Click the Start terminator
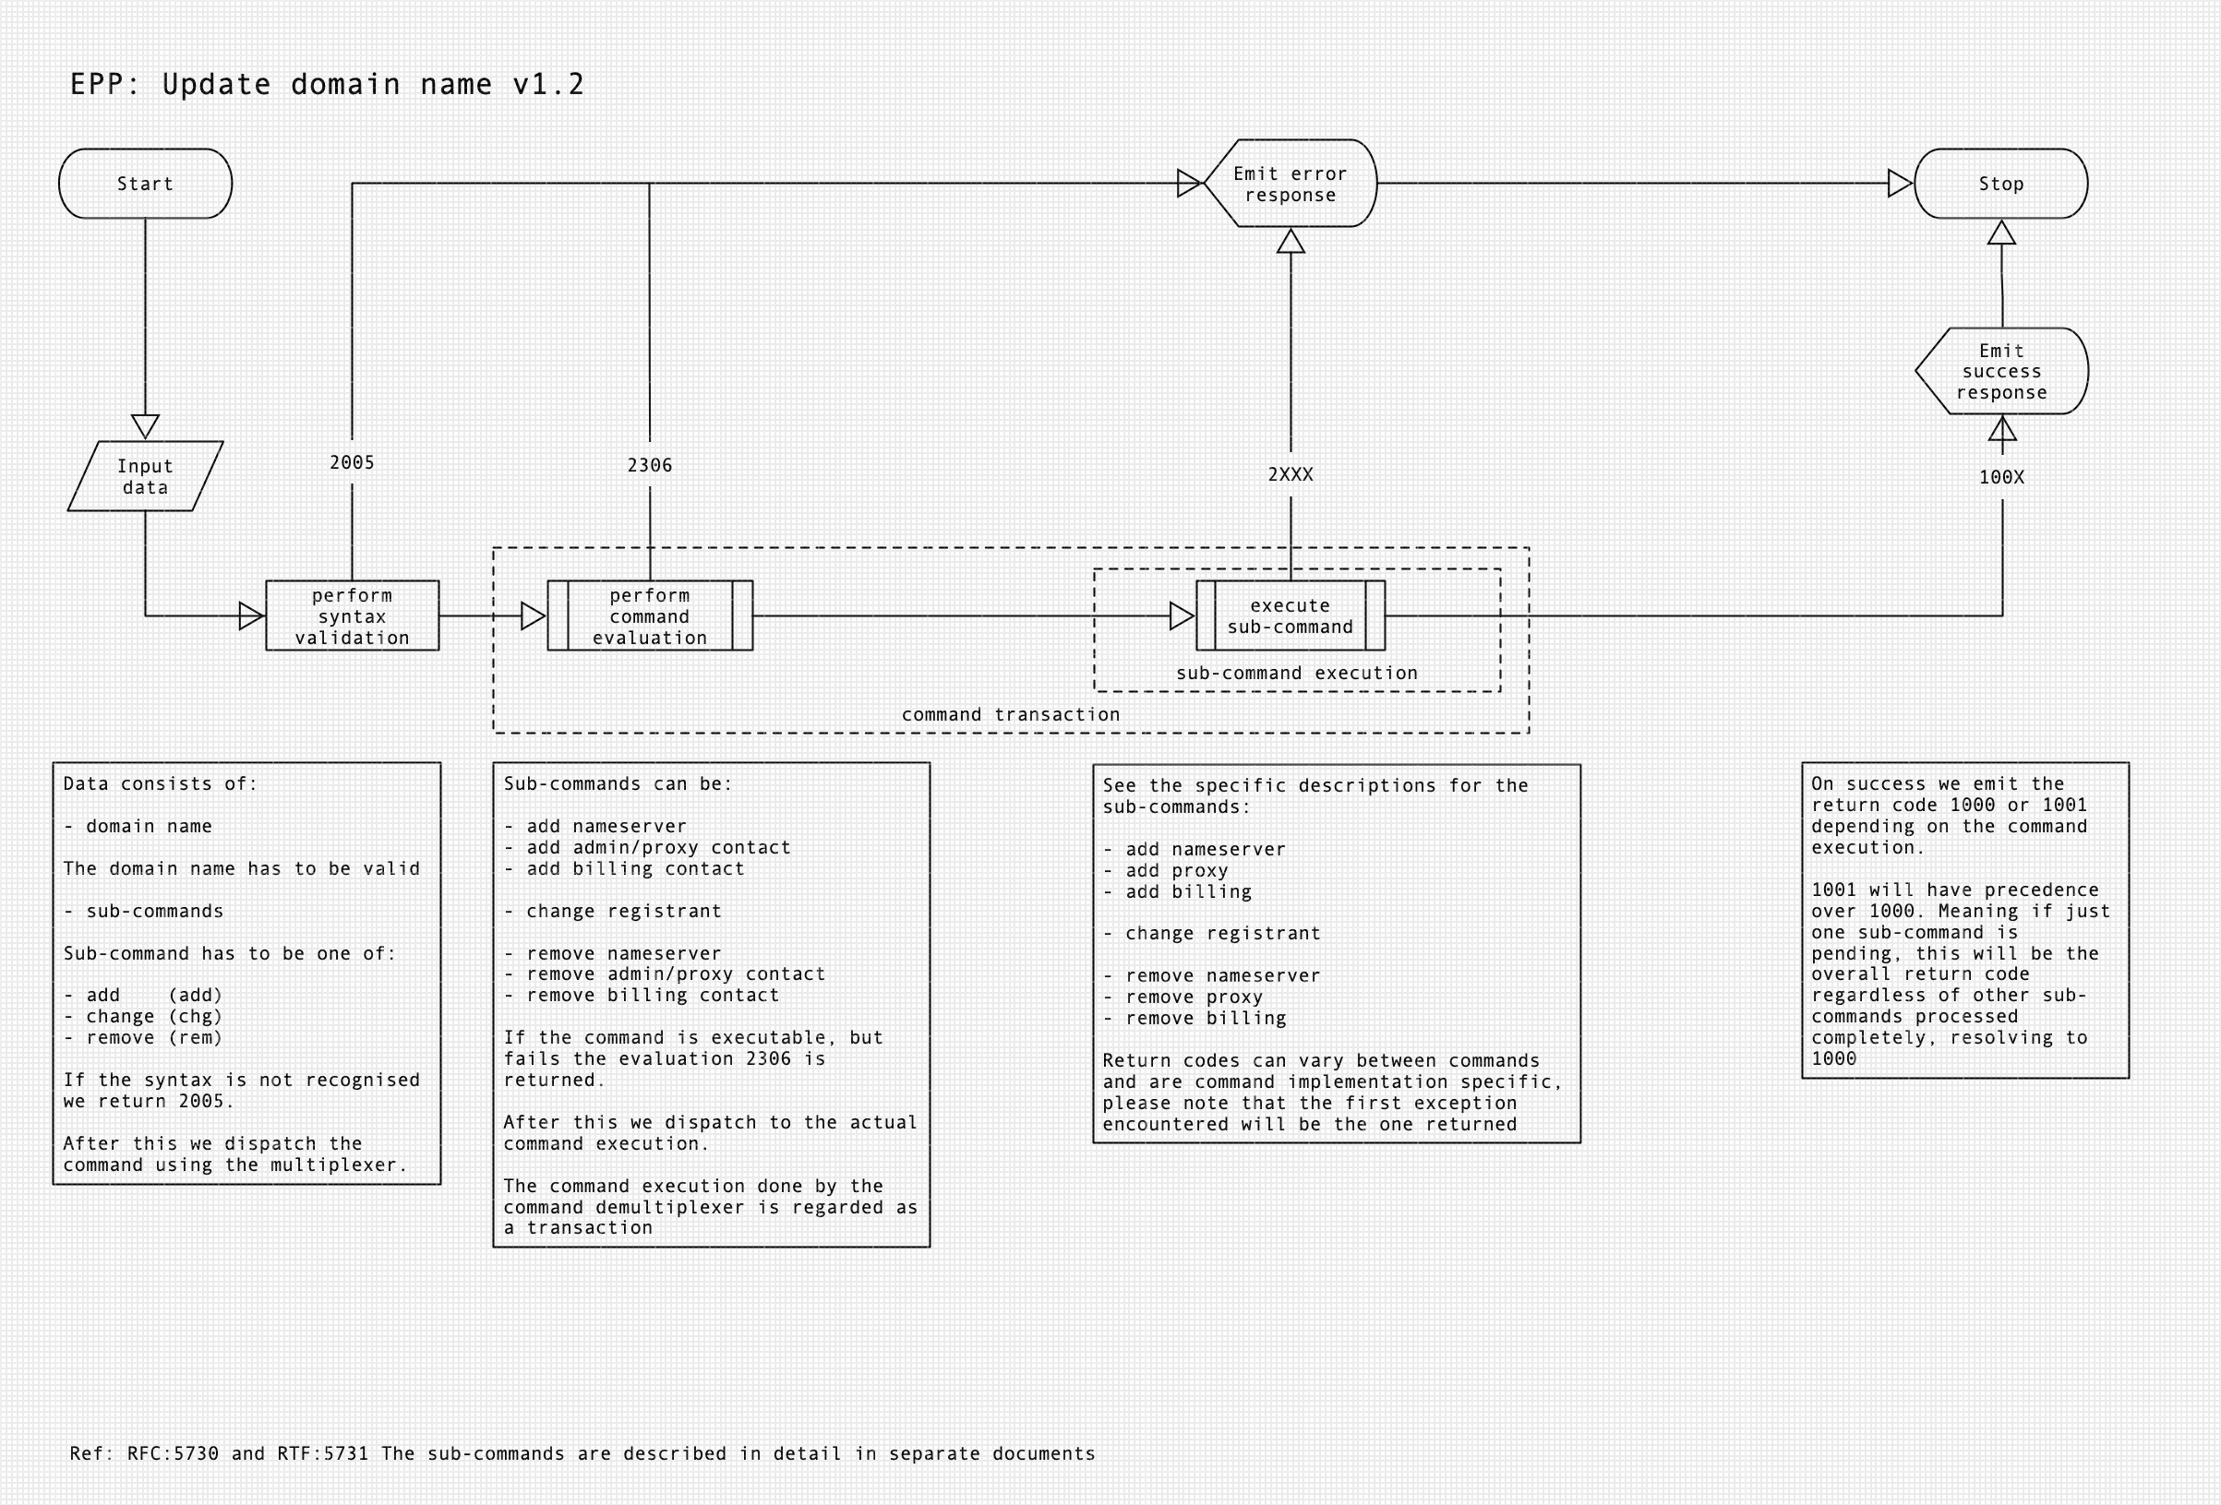tap(145, 184)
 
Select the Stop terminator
tap(2000, 184)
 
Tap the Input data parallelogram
tap(145, 476)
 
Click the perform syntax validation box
tap(352, 616)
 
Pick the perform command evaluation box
tap(650, 616)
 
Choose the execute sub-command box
tap(1291, 616)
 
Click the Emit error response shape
tap(1291, 184)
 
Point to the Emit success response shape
tap(2001, 372)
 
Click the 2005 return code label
tap(352, 462)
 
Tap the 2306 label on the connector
tap(650, 465)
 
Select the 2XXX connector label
tap(1291, 475)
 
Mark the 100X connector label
tap(2001, 477)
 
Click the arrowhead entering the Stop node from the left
tap(1900, 184)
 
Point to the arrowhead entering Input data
tap(145, 426)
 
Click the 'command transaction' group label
tap(1010, 715)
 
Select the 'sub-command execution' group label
tap(1297, 673)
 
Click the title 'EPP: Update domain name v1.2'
tap(327, 85)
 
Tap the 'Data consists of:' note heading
tap(161, 783)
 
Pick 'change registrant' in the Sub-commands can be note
tap(623, 911)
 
